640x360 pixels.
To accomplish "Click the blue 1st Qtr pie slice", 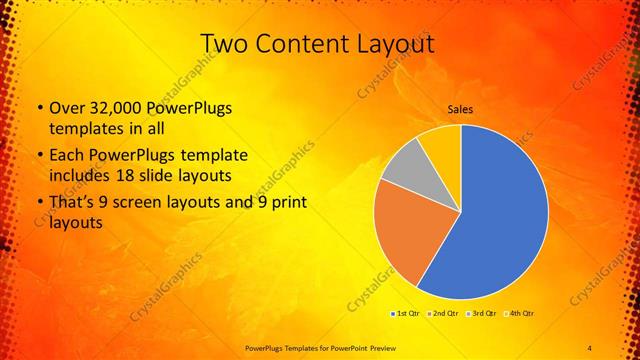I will point(500,210).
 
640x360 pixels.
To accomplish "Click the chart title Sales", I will point(460,109).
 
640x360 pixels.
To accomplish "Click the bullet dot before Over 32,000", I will point(38,109).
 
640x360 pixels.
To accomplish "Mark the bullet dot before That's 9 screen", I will point(38,205).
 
